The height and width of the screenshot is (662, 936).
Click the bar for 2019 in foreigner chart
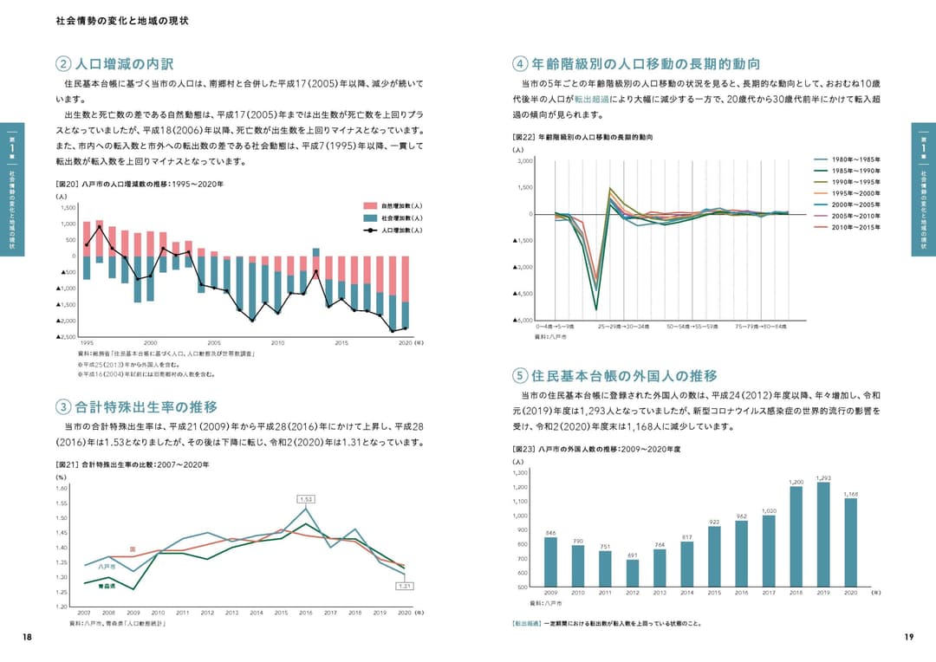click(x=823, y=534)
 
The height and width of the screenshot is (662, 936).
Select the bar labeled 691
click(x=633, y=573)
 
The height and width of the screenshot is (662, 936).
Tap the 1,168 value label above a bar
click(x=850, y=494)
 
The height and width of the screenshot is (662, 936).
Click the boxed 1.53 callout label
click(x=305, y=499)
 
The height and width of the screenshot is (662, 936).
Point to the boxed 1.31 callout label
click(x=404, y=586)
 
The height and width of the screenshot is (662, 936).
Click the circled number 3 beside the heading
click(x=63, y=407)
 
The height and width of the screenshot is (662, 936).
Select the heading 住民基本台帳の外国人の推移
click(x=624, y=376)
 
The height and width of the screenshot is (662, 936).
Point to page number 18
click(x=27, y=637)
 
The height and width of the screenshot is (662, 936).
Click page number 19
click(x=908, y=637)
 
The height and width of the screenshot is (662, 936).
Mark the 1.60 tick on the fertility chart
click(x=62, y=488)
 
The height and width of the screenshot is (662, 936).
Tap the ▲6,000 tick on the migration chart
click(x=523, y=321)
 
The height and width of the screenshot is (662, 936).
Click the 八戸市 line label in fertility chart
click(x=107, y=567)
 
